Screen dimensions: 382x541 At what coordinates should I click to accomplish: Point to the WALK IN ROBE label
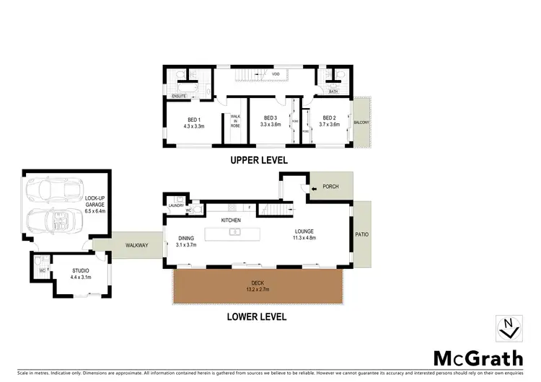(x=235, y=120)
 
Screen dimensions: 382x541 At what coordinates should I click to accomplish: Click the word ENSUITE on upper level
(x=179, y=96)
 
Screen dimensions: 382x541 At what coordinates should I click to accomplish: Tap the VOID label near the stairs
(x=276, y=75)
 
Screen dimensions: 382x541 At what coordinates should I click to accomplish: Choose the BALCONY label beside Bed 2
(x=362, y=122)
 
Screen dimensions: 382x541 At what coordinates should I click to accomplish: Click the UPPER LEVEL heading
(x=259, y=159)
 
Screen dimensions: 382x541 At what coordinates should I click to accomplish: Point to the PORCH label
(x=331, y=187)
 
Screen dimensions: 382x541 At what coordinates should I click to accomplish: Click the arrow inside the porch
(x=315, y=188)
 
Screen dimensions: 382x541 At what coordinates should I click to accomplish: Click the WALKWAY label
(x=136, y=246)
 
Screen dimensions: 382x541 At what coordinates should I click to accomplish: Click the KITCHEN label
(x=231, y=220)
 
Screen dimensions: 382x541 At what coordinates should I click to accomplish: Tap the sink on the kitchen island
(x=234, y=232)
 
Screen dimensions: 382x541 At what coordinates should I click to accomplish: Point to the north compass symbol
(x=509, y=327)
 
